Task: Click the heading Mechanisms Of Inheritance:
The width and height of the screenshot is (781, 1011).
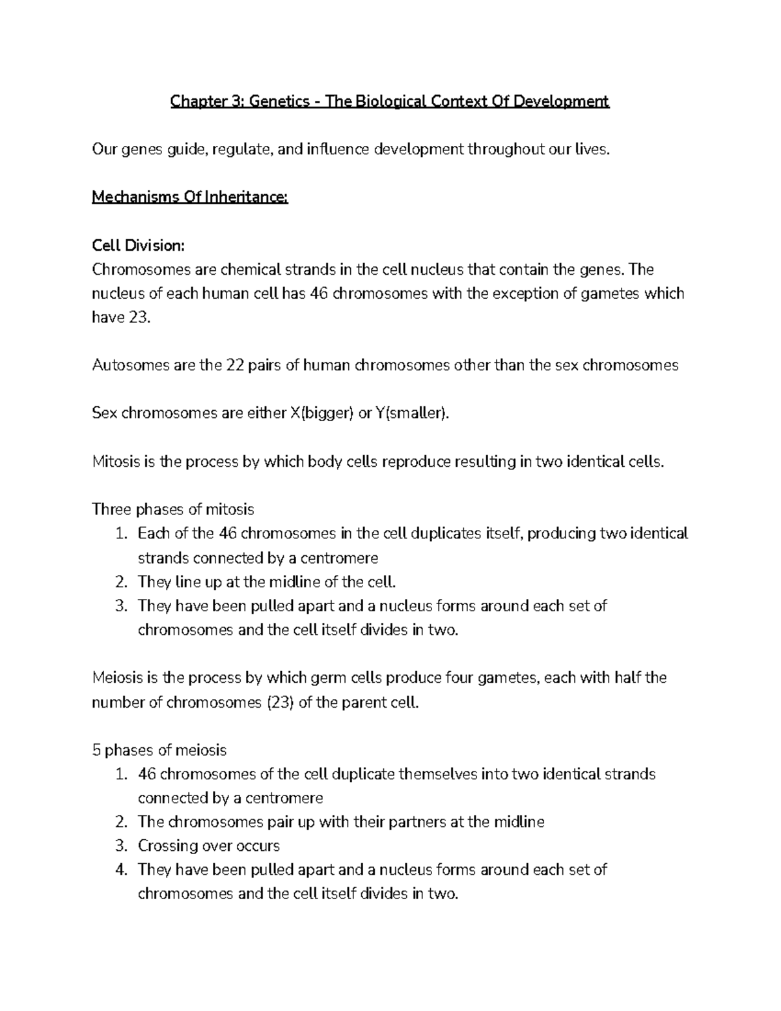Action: point(189,197)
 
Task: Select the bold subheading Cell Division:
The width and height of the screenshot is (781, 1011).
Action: point(139,245)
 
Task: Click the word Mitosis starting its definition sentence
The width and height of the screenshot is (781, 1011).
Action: point(115,462)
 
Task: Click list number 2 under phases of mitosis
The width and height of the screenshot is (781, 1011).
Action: point(120,581)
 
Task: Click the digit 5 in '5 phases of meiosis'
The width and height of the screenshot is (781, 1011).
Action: point(96,751)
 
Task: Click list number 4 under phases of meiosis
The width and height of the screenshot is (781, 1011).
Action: point(120,870)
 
